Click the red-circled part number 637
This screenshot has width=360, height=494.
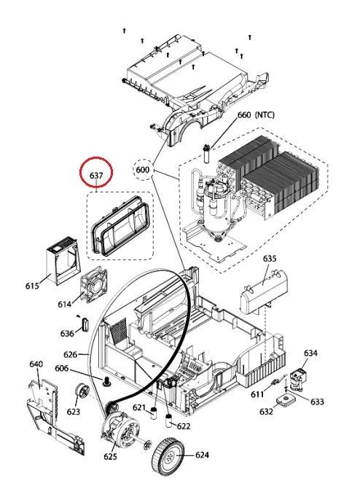(96, 175)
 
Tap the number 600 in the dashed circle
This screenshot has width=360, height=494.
(143, 170)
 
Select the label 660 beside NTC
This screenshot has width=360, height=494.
(244, 114)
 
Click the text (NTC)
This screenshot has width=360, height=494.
(265, 114)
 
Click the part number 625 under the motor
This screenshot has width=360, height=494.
(110, 456)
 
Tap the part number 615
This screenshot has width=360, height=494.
(32, 286)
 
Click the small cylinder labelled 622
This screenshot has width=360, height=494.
(168, 420)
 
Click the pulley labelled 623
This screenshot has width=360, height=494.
(81, 393)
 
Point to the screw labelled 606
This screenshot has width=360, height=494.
(106, 381)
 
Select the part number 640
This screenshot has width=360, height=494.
(36, 364)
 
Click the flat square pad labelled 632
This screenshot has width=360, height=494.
(286, 400)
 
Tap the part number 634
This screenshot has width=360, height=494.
(310, 353)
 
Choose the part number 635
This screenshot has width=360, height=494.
(270, 259)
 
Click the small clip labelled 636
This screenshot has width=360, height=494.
(85, 324)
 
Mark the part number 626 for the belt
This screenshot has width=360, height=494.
(70, 354)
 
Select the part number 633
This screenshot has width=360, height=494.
(317, 401)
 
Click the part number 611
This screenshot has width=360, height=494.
(257, 394)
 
